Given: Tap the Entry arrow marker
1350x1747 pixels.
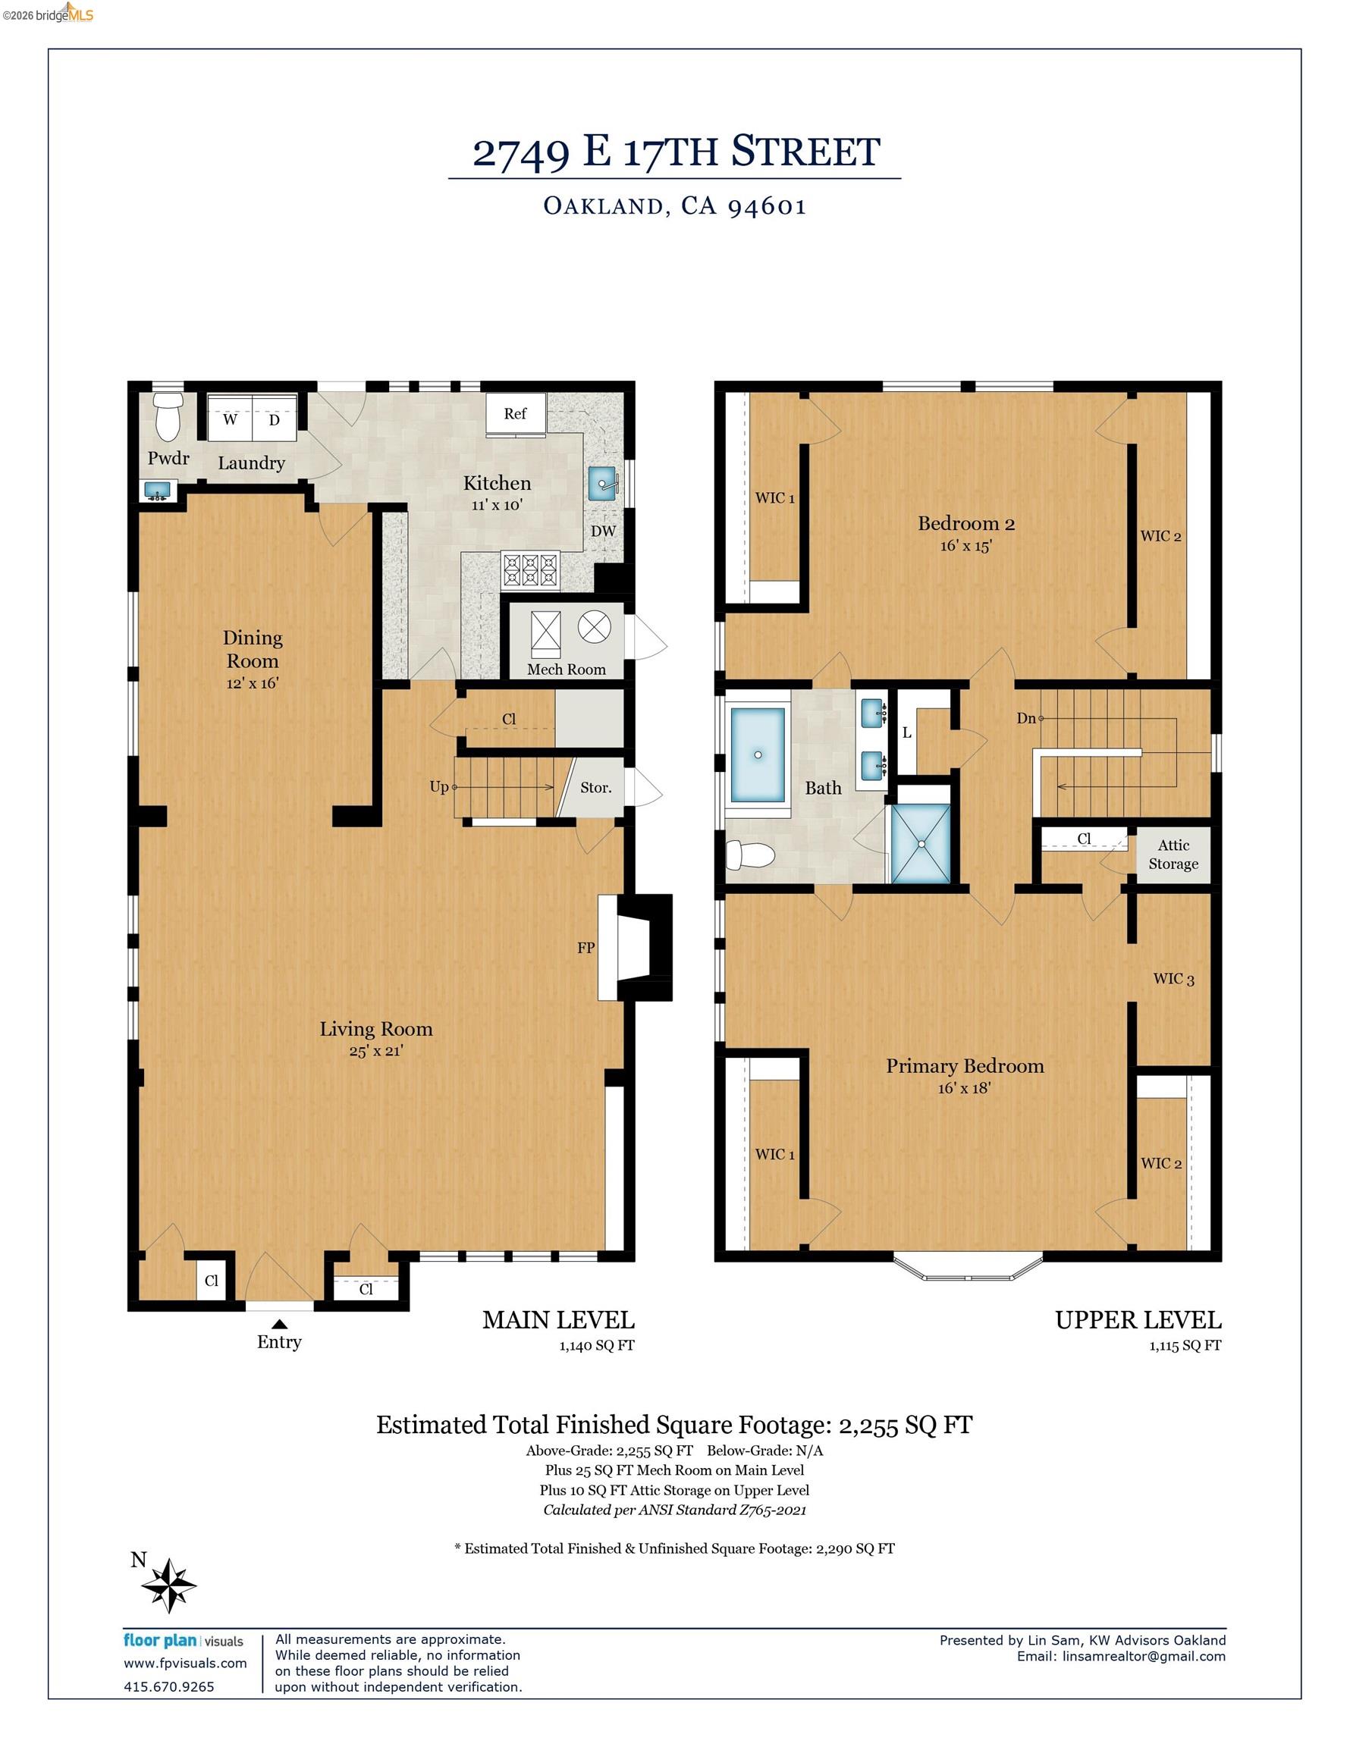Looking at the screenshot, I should coord(278,1325).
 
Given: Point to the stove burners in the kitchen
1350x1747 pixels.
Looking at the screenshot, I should coord(529,571).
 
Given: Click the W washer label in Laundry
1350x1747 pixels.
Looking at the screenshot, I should coord(231,419).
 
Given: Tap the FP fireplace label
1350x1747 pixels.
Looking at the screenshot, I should coord(586,947).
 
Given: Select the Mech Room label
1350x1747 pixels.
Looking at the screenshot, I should coord(566,670).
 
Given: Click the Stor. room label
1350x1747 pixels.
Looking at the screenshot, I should coord(595,787).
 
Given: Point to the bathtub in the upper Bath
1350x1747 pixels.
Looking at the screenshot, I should coord(757,755).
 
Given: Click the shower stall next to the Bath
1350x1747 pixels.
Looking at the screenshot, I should coord(921,844).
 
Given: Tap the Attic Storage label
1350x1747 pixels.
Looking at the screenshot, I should coord(1173,855).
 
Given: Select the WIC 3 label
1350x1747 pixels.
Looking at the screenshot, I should coord(1173,978).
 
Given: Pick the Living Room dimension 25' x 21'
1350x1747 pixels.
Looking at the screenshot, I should coord(375,1051).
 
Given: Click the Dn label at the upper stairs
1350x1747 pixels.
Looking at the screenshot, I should coord(1027,718).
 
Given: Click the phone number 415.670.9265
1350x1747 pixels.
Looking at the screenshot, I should coord(169,1686).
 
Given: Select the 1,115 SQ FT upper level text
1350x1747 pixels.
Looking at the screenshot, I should coord(1185,1345).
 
